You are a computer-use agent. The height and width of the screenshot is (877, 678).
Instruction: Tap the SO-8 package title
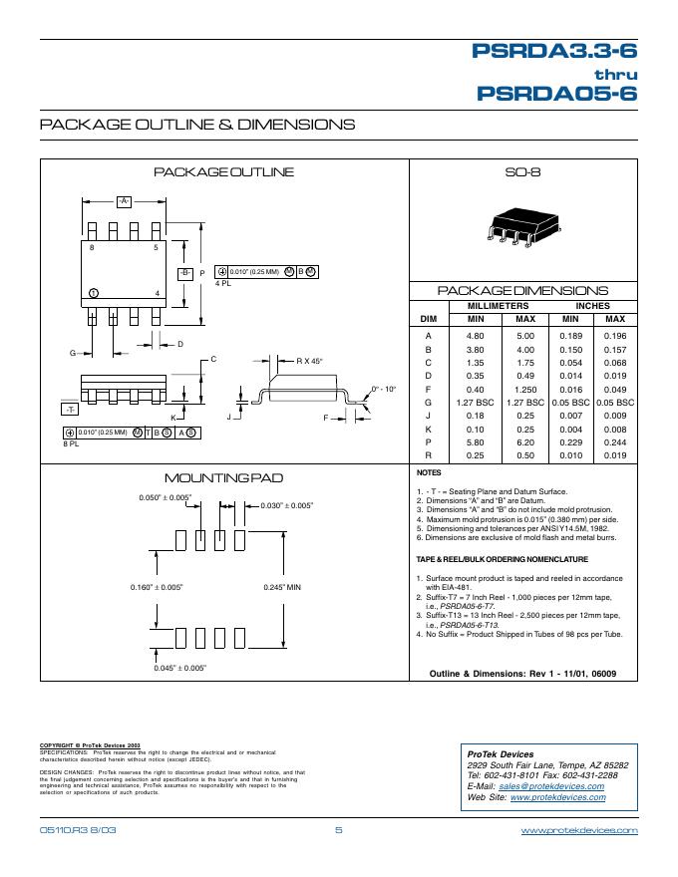[x=523, y=172]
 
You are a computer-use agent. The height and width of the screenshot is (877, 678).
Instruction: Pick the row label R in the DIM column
[x=428, y=454]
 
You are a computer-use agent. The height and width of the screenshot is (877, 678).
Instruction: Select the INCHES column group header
[x=592, y=306]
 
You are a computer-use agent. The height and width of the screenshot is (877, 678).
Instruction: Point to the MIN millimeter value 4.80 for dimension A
[x=475, y=337]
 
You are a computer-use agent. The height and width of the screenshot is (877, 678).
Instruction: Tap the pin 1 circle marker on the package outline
[x=93, y=292]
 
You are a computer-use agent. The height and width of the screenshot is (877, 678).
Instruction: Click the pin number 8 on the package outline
[x=93, y=246]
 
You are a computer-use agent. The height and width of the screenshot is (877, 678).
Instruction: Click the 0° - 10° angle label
[x=383, y=388]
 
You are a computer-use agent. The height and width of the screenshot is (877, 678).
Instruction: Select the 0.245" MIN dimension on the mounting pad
[x=282, y=586]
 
